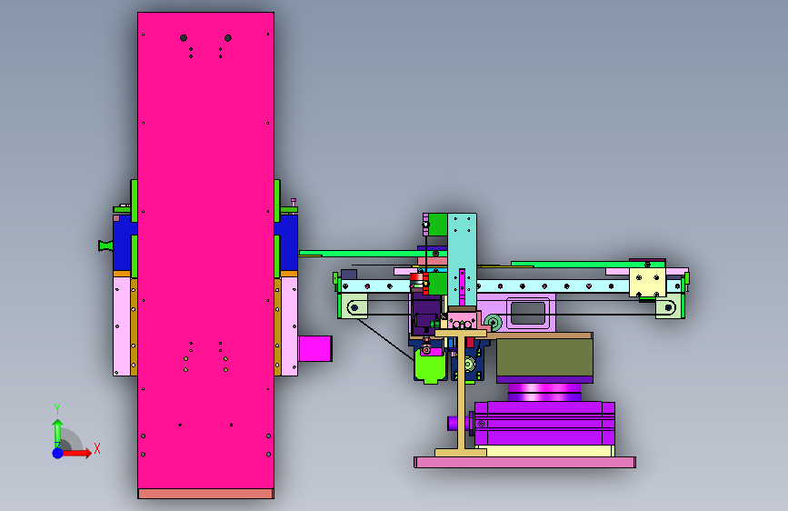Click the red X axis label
pos(97,448)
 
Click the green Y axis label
pos(57,409)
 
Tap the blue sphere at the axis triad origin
pos(58,453)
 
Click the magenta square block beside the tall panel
pos(315,348)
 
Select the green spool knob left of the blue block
pos(105,245)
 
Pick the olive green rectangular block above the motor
pos(544,357)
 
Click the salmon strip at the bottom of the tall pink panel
pos(205,494)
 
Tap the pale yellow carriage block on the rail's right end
pos(647,282)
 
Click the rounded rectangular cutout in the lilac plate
pos(528,313)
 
